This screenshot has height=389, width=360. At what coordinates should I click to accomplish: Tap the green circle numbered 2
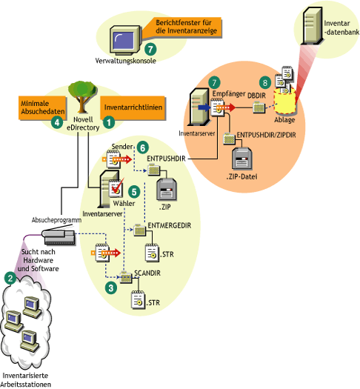click(10, 279)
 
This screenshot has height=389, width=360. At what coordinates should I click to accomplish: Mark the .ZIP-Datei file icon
click(243, 157)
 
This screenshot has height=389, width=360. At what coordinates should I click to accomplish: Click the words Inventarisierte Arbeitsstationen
click(36, 378)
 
